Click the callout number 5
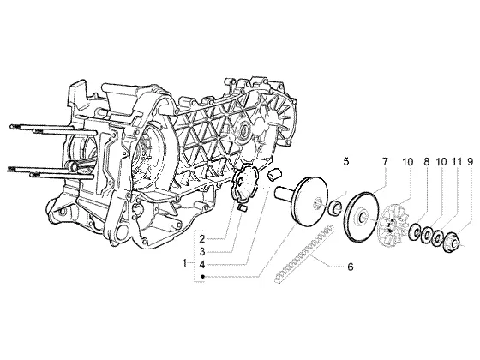tap(346, 162)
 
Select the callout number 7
tap(385, 162)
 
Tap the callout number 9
tap(470, 162)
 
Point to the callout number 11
tap(456, 162)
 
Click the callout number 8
tap(427, 162)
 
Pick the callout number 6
tap(351, 267)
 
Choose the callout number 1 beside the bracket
tap(184, 262)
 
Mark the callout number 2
tap(201, 238)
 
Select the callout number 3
tap(201, 252)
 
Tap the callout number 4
tap(201, 264)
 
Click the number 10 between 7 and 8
tap(407, 162)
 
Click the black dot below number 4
tap(202, 276)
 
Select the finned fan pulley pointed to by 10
tap(395, 223)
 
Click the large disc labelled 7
tap(362, 217)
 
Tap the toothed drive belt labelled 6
tap(304, 254)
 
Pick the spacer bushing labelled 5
tap(335, 207)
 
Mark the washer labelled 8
tap(416, 230)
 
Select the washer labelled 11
tap(437, 237)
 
